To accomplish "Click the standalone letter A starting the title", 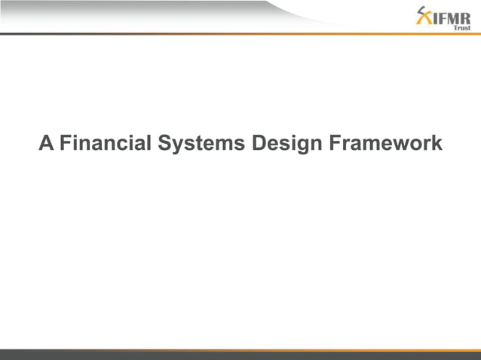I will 46,143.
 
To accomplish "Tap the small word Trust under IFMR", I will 461,28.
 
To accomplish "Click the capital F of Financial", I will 65,143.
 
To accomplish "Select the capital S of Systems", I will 164,143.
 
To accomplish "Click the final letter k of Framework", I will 437,143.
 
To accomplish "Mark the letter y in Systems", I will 177,145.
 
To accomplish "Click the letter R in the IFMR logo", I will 465,17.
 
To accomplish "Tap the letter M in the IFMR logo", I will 452,17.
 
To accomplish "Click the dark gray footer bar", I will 240,355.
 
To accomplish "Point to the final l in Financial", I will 149,143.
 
